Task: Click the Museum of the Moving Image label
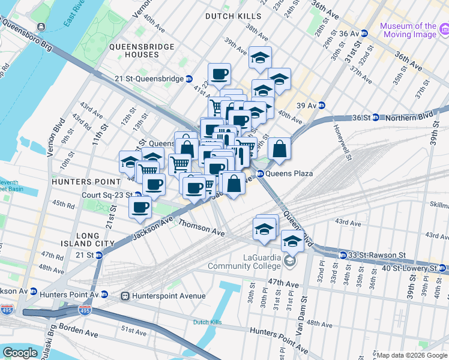coord(408,31)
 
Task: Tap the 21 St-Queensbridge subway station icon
coord(188,79)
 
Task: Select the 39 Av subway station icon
coord(321,105)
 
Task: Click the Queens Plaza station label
coord(289,173)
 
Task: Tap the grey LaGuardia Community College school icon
coord(290,261)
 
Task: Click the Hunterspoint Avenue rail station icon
coord(125,296)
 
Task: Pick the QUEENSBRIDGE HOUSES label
coord(142,50)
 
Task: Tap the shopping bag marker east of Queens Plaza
coord(280,149)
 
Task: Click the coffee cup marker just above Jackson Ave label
coord(140,208)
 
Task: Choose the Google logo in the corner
coord(20,353)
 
